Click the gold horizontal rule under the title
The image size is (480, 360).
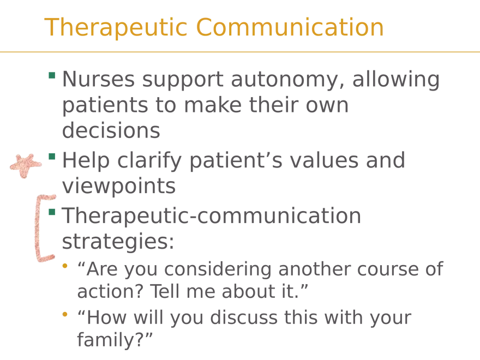click(240, 52)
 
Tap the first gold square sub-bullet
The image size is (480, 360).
click(65, 267)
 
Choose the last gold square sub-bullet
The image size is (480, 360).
click(65, 314)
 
